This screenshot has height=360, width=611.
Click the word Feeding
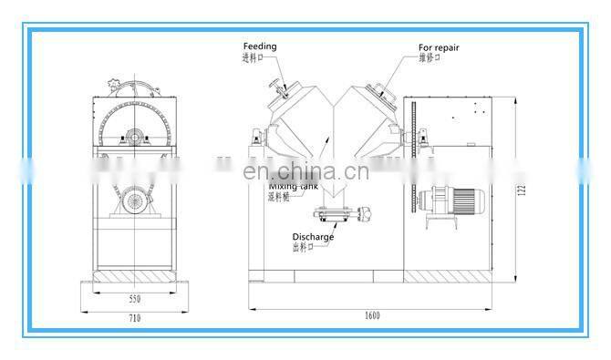point(259,46)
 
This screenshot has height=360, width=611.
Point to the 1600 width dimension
point(373,315)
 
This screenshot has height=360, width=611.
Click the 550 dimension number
point(133,298)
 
